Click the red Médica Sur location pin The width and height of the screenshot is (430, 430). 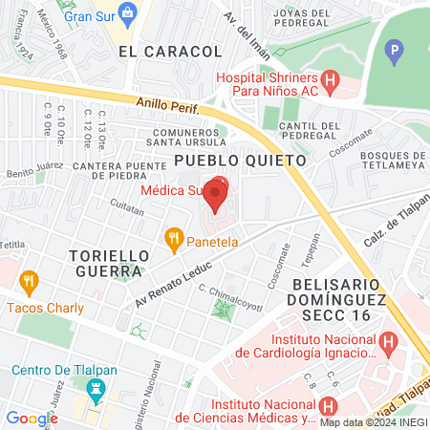216,195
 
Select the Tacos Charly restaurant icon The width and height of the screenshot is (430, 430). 28,282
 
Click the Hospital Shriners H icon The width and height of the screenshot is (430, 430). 331,83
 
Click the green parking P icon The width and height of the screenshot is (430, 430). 395,49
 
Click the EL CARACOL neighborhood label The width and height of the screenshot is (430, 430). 157,54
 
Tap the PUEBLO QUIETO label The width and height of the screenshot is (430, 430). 240,161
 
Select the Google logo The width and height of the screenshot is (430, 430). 32,418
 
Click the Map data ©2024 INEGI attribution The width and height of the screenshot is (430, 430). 372,421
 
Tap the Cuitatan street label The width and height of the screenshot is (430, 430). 126,204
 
